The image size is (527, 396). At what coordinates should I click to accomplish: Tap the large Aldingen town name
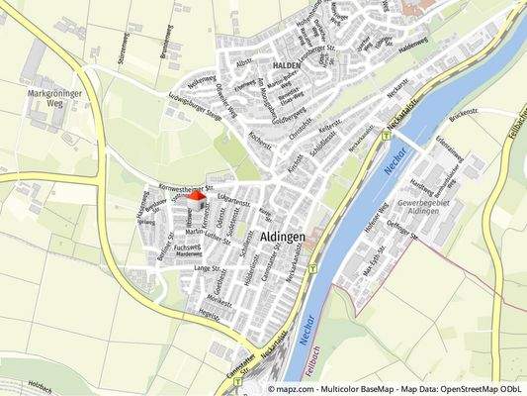(290, 238)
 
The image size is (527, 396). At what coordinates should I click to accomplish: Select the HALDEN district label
(284, 63)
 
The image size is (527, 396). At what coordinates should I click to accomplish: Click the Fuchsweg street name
(186, 245)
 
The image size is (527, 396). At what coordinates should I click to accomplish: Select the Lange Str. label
(208, 268)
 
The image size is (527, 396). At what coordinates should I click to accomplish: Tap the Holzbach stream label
(40, 383)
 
